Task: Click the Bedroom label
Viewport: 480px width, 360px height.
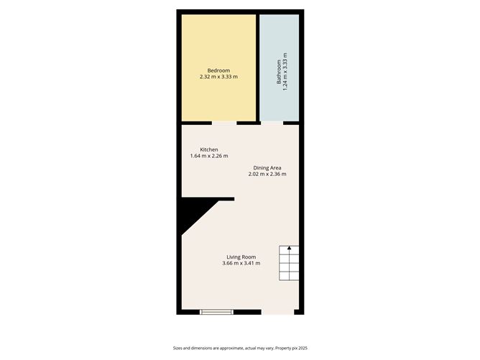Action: pos(218,70)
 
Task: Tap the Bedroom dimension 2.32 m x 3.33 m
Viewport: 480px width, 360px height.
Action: pos(218,76)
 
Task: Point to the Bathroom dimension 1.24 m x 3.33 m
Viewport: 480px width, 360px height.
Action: pos(285,70)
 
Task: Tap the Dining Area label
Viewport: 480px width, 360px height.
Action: pos(267,167)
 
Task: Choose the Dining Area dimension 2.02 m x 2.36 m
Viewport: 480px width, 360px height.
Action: pos(267,174)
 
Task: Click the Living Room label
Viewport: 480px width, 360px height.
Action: pos(241,257)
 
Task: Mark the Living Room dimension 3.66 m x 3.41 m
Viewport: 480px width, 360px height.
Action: pos(241,263)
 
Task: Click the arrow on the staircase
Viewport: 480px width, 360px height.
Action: pos(290,249)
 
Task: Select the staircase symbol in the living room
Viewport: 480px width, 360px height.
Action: pos(290,264)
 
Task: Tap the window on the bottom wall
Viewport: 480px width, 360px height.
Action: pos(216,312)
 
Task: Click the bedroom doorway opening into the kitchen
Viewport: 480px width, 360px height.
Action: pos(224,123)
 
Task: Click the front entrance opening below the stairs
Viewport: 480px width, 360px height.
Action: pos(277,312)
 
